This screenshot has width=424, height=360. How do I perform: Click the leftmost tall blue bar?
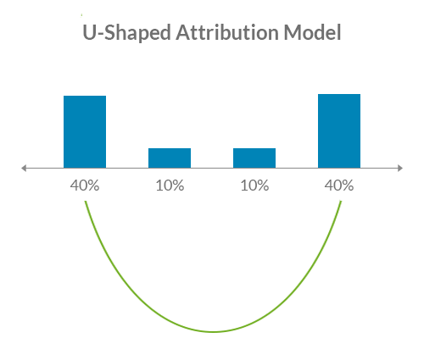coord(85,131)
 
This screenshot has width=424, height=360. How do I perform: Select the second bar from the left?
coord(170,158)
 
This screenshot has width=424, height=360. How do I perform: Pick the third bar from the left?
coord(254,158)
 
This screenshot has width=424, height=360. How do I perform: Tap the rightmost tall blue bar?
coord(339,130)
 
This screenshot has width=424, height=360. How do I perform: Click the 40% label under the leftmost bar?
coord(85,186)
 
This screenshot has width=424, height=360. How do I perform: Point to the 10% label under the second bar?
coord(170,186)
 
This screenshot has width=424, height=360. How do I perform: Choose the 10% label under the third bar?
coord(254,186)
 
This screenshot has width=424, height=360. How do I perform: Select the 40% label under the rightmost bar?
coord(339,186)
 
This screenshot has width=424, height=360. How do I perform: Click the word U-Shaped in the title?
coord(118,35)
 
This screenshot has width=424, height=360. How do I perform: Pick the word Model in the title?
coord(313,34)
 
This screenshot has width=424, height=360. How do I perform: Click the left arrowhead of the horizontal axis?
coord(24,169)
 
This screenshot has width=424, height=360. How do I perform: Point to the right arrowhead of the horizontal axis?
coord(399,169)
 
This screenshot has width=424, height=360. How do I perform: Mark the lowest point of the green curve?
coord(214,331)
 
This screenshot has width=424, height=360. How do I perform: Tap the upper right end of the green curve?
coord(342,202)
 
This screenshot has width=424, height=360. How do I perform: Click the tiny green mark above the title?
coord(82,14)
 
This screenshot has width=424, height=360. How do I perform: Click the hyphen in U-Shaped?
coord(98,36)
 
